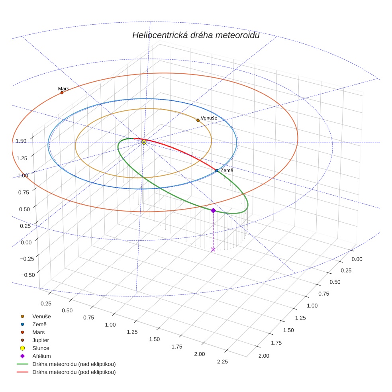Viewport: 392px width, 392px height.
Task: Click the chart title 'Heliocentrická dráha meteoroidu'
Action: [196, 35]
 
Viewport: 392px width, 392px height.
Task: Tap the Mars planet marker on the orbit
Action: [62, 93]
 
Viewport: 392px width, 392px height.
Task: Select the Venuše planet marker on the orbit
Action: [198, 120]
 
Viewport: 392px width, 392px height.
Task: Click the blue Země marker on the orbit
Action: [217, 171]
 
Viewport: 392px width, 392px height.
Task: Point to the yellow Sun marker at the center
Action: [144, 142]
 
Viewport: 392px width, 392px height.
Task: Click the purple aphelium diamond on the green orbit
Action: [213, 210]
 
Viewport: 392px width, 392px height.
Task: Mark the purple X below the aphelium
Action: [213, 249]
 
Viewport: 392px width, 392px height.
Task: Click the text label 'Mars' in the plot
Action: [63, 88]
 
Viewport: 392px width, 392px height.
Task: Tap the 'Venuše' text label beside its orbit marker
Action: [209, 118]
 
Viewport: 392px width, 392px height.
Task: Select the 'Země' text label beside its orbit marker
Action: [227, 171]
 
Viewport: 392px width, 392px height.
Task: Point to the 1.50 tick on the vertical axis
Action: [21, 141]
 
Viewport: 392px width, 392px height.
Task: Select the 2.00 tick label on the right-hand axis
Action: [264, 356]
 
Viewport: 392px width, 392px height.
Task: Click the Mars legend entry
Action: [38, 332]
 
